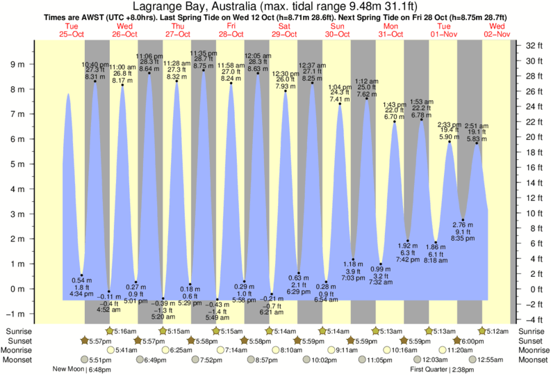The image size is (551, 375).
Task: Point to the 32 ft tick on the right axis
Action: [x=533, y=46]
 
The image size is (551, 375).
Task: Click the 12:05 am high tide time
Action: [x=257, y=55]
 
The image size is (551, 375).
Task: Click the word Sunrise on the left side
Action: [x=17, y=330]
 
